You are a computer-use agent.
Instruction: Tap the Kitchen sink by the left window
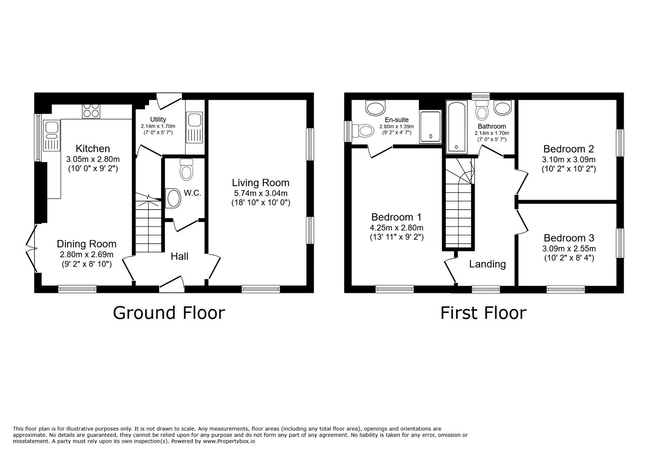pos(52,136)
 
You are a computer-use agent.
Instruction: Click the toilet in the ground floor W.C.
pos(186,170)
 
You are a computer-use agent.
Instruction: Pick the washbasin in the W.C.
pos(173,198)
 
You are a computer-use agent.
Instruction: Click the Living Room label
pos(260,183)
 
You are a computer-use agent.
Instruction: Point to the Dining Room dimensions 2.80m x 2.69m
pos(86,255)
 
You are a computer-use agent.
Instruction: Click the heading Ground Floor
pos(168,313)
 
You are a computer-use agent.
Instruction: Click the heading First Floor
pos(483,313)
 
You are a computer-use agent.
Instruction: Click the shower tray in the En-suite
pos(430,127)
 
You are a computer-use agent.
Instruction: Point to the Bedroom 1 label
pos(396,217)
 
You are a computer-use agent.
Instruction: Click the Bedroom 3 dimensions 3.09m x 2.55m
pos(569,248)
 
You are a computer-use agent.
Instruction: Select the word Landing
pos(487,264)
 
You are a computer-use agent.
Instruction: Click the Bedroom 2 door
pos(522,182)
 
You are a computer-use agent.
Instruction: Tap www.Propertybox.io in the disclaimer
pos(229,441)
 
